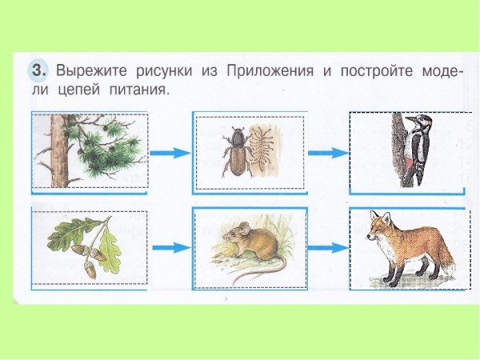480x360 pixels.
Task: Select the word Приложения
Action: (272, 71)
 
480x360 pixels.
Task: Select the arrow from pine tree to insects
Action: (170, 153)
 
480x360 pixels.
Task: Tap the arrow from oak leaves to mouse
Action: (170, 248)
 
